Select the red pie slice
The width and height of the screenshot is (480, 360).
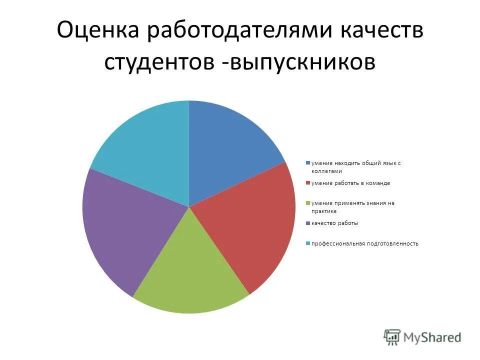[x=250, y=225]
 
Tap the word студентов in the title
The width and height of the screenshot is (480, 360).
[x=159, y=62]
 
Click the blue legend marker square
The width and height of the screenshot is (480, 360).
[x=308, y=163]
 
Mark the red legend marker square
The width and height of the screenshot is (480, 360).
[x=308, y=183]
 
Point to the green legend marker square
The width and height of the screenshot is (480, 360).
[x=308, y=203]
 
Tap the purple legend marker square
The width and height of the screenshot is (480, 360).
[x=308, y=223]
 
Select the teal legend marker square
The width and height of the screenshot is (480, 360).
[x=308, y=244]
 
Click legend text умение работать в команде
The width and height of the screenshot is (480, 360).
[x=350, y=183]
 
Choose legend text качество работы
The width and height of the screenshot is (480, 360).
[x=335, y=223]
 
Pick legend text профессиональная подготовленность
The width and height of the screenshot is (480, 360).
[x=365, y=244]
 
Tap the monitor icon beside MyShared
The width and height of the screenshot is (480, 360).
[x=392, y=337]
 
